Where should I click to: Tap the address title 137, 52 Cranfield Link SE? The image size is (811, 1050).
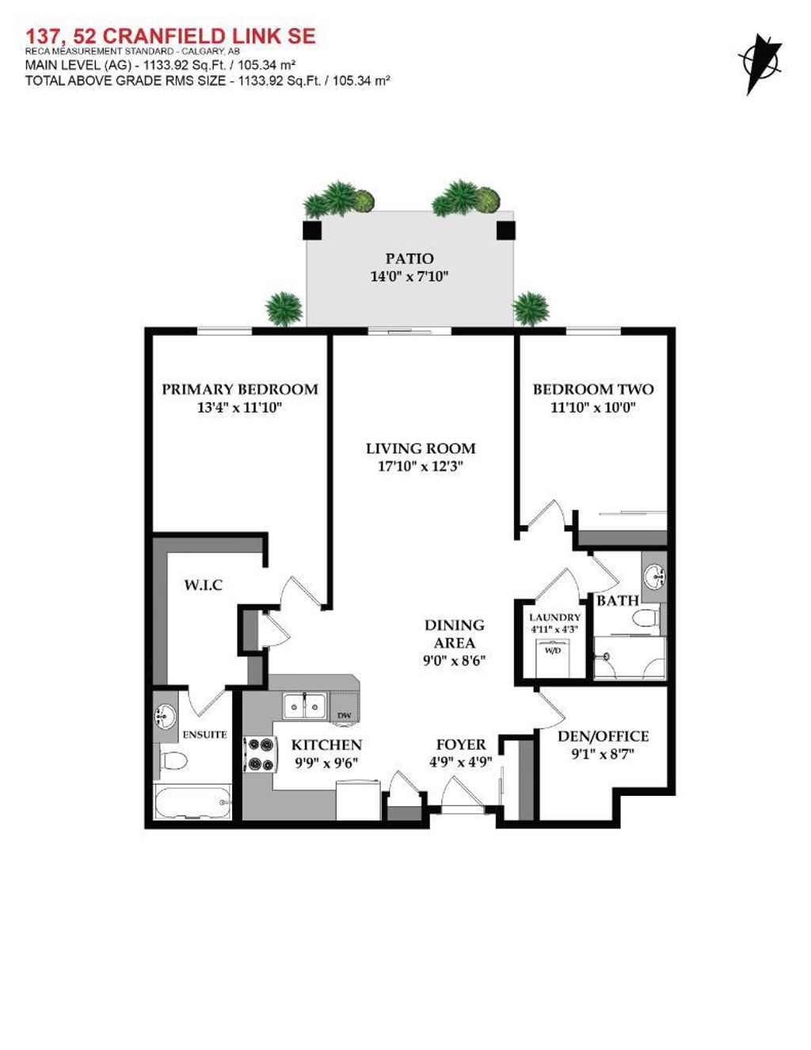pos(170,36)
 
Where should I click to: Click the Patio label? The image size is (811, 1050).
pos(409,258)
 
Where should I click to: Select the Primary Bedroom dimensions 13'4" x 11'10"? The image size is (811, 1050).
pos(240,408)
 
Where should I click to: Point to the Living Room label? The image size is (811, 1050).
pos(421,448)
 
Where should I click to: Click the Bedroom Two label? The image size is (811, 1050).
pos(593,389)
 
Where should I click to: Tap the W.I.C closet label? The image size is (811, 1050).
pos(204,585)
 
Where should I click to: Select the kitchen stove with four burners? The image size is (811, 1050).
pos(260,755)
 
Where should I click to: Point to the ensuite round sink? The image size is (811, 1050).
pos(166,716)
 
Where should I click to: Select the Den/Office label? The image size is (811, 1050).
pos(603,736)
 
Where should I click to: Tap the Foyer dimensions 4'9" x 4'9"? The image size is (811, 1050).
pos(461,762)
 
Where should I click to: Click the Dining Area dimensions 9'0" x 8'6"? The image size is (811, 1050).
pos(454,660)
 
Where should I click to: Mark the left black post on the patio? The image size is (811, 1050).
pos(313,230)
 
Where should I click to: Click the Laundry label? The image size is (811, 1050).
pos(555,617)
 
